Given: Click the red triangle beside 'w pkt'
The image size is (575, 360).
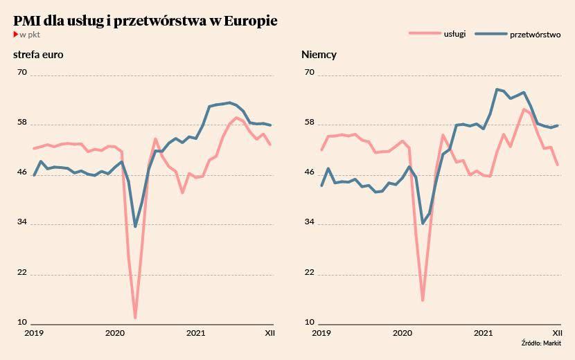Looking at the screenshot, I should [16, 34].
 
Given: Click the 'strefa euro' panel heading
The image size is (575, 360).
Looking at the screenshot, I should [39, 55].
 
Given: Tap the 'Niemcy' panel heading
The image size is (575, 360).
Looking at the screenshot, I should [319, 55].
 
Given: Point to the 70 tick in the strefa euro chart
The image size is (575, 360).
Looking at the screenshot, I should [21, 72].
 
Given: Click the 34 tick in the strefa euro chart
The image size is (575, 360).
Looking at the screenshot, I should [21, 222].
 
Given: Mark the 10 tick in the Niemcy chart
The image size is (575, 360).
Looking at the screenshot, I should [310, 323].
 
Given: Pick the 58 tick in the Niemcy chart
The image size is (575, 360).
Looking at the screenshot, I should [310, 123].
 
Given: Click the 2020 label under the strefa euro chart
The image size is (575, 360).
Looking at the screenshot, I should [115, 334].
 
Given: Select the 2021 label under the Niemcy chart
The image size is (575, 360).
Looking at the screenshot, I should [483, 334].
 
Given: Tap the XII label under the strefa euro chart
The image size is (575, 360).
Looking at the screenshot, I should [269, 334].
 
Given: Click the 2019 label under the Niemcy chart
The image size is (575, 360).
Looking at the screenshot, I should [321, 334].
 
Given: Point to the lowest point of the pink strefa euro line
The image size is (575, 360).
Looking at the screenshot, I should [135, 318].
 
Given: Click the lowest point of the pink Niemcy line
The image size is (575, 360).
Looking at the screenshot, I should [423, 300].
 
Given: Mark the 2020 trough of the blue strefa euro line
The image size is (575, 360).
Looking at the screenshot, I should [135, 226].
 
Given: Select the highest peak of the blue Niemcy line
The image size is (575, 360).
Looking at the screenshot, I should [497, 89].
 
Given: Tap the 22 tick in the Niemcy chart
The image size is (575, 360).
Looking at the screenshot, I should [310, 273].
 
